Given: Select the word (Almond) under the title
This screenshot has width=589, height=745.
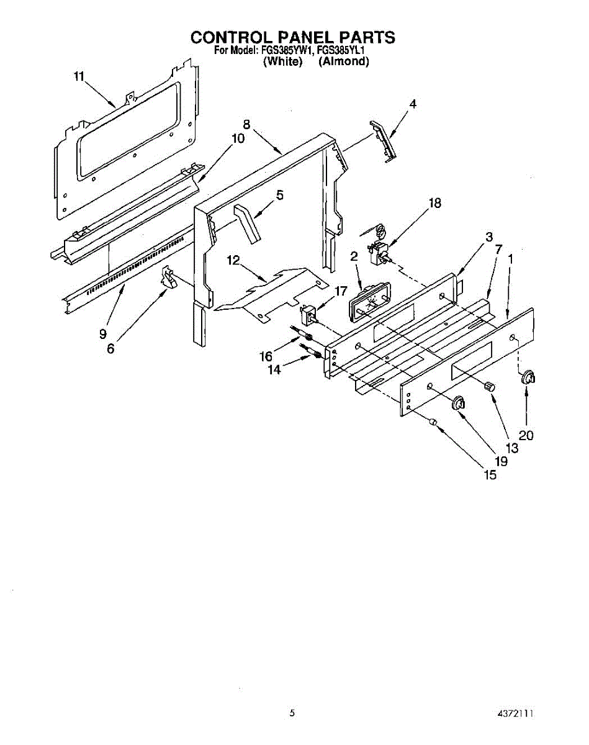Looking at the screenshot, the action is (x=343, y=61).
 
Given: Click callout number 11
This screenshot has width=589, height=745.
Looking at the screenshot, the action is (x=78, y=76).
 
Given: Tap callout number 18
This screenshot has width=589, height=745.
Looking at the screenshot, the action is (x=435, y=203).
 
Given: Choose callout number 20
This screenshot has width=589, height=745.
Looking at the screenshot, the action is (x=526, y=436).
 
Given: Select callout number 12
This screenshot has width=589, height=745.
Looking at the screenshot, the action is (x=233, y=261).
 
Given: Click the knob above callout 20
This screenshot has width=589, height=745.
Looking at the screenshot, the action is (x=528, y=376).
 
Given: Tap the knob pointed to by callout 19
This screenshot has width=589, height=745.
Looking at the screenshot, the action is (x=459, y=403).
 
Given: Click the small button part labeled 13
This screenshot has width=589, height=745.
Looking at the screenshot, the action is (x=490, y=386).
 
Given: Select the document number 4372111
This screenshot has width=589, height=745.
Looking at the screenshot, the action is (x=516, y=715).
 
